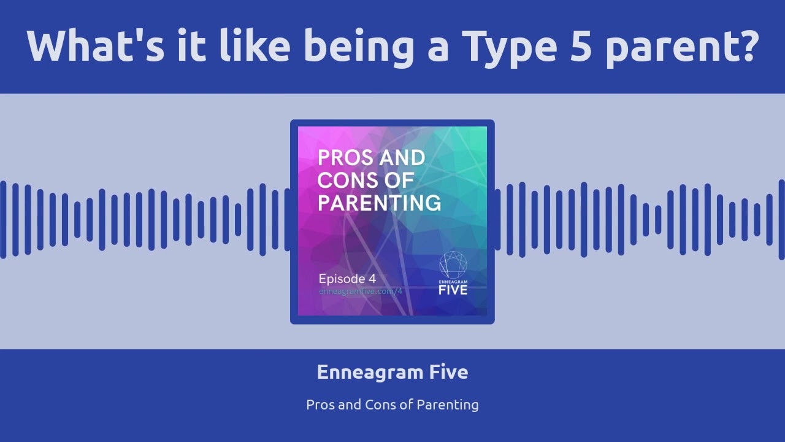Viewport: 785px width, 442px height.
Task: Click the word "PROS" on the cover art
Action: [345, 158]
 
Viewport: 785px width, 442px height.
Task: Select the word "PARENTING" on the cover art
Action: [379, 203]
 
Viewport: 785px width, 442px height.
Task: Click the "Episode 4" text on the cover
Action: [347, 278]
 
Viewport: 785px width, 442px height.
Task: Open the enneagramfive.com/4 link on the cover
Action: [361, 292]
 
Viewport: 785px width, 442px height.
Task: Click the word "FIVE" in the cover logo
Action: [453, 289]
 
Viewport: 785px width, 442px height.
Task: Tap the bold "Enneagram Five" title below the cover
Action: [392, 372]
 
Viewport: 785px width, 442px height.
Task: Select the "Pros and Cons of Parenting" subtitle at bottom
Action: [392, 405]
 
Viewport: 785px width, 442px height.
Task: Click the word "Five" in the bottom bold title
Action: [448, 372]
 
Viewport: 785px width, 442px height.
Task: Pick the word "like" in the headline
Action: [255, 46]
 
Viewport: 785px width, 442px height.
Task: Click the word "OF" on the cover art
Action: [401, 181]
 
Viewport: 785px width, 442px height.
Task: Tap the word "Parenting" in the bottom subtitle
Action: [448, 405]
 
